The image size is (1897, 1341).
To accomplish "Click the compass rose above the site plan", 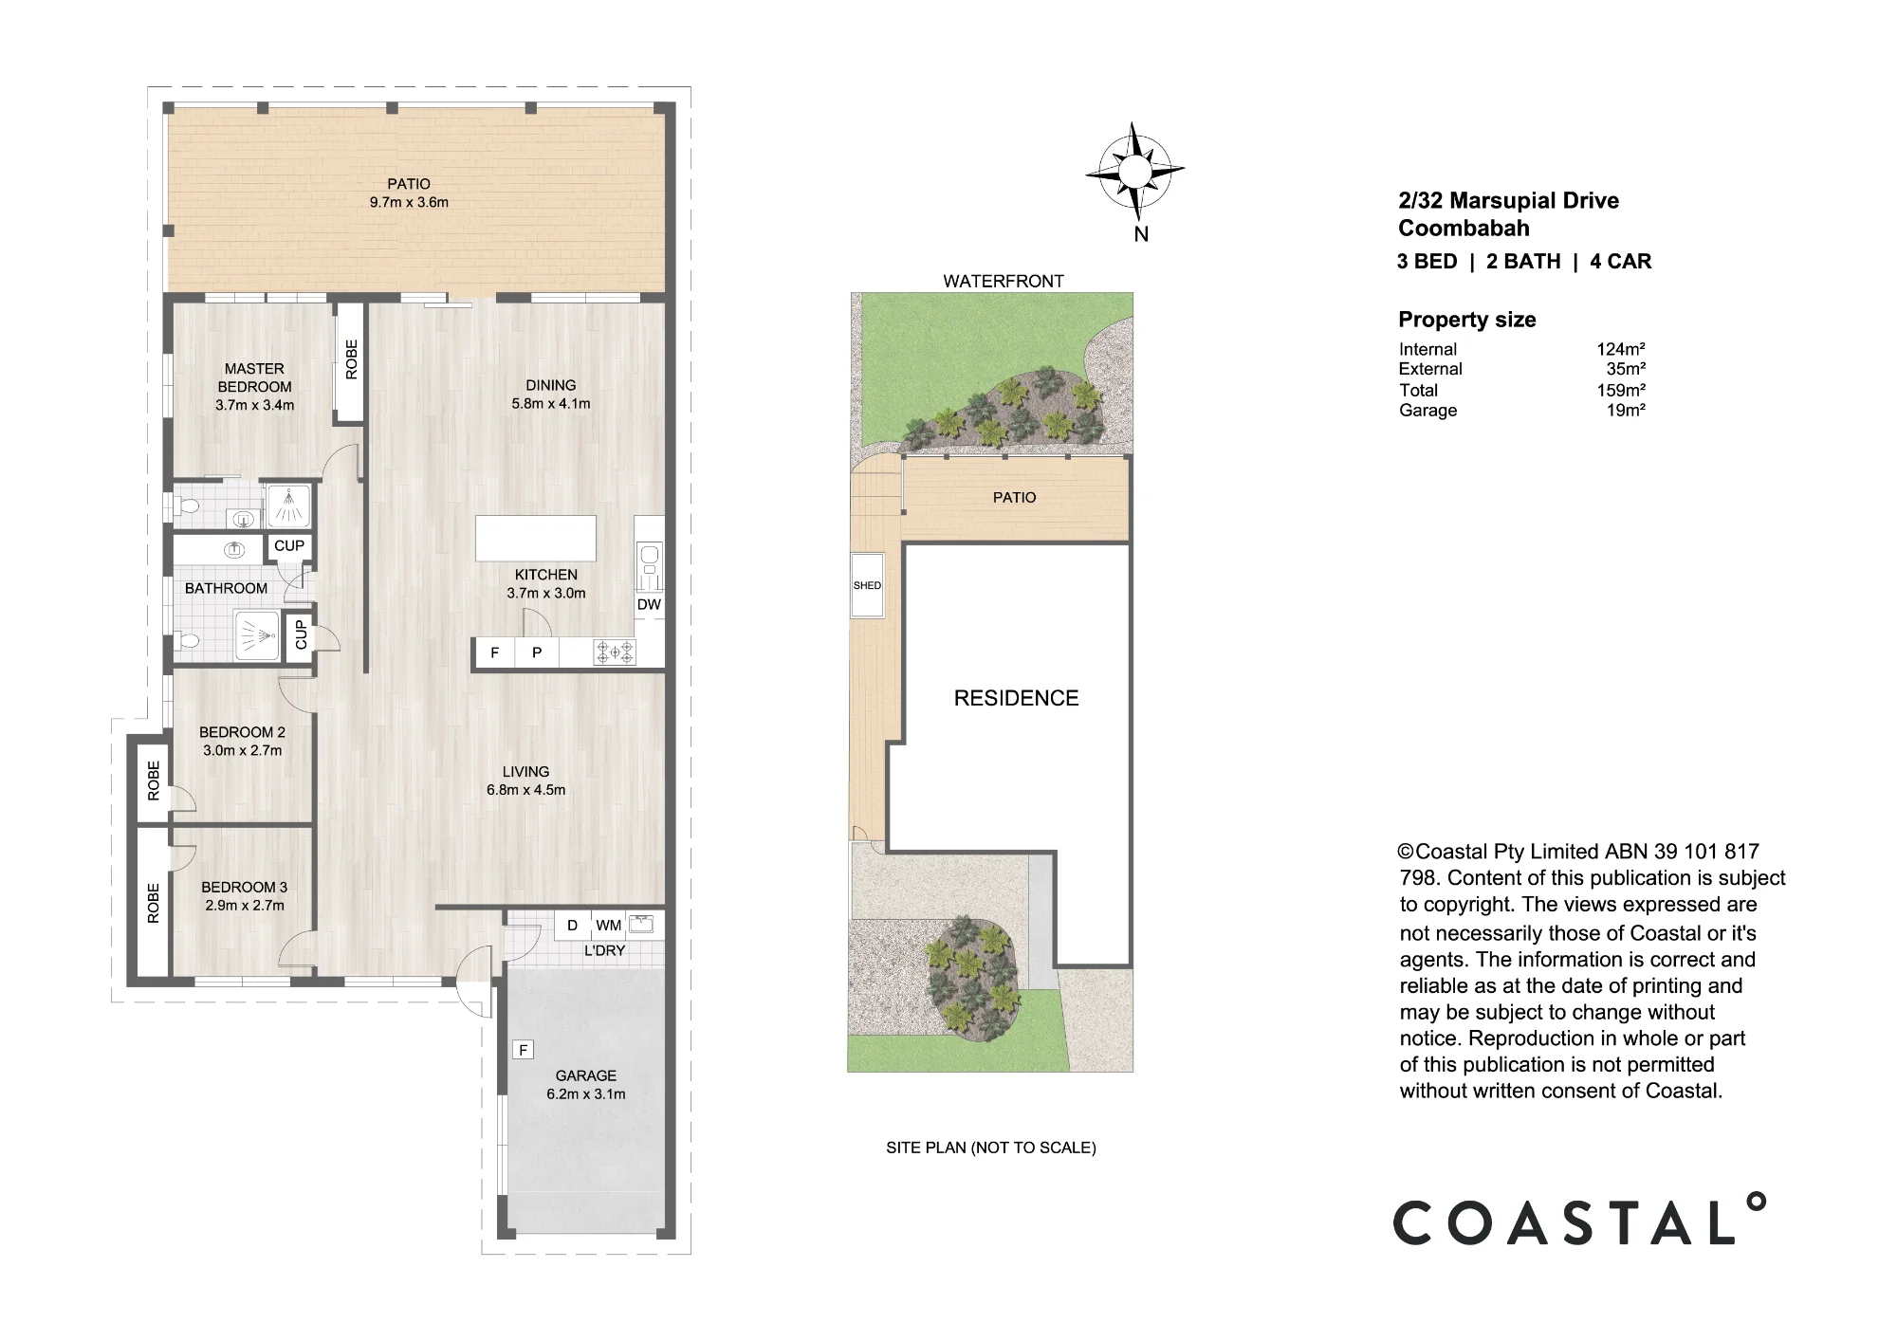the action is click(1134, 172).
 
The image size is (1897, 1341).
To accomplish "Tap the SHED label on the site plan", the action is click(867, 585).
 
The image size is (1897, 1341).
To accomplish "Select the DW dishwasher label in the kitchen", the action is click(649, 605).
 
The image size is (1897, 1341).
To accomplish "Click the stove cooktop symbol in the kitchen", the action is click(614, 652).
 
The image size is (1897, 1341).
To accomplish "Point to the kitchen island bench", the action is click(536, 539).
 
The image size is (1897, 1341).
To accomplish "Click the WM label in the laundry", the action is click(609, 926).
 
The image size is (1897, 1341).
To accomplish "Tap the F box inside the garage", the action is click(523, 1050).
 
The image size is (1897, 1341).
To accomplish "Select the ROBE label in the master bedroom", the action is click(352, 359).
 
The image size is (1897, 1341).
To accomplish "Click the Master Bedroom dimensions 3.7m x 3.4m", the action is click(254, 405).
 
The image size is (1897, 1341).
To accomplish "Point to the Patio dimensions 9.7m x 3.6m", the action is click(409, 202).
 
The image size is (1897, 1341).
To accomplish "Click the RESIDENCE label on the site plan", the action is click(1016, 698).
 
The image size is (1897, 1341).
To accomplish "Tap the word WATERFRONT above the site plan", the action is click(1004, 281).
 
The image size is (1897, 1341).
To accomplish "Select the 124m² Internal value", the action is click(1621, 349).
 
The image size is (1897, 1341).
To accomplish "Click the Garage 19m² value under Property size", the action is click(1626, 411).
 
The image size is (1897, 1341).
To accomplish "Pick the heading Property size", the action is click(1467, 320).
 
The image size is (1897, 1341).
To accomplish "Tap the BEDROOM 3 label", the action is click(244, 887).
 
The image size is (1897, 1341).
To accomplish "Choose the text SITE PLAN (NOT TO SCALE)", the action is click(991, 1148).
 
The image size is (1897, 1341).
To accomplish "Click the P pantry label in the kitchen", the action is click(537, 652).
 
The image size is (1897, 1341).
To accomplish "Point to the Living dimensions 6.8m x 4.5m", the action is click(525, 790).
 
